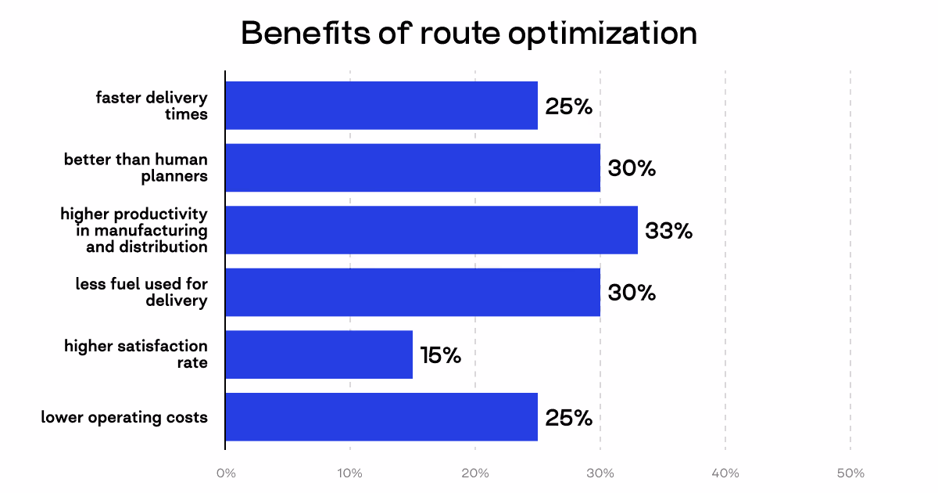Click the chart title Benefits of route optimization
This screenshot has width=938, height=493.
click(468, 34)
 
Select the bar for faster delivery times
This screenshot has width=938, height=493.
click(381, 106)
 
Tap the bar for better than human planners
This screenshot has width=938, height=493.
click(413, 167)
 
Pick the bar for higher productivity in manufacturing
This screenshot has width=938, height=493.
click(431, 230)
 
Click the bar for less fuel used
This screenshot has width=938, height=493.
click(413, 293)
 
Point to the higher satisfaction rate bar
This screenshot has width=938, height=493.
click(319, 354)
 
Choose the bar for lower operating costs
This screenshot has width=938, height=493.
click(381, 417)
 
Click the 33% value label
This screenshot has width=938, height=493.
click(668, 231)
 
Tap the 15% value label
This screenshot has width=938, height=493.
click(440, 355)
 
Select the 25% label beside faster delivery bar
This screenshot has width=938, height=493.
click(568, 106)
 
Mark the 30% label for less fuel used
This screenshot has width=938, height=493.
click(631, 293)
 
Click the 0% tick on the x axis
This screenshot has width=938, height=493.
click(225, 473)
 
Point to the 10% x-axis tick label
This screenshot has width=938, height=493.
click(349, 473)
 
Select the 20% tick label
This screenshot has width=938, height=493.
click(474, 473)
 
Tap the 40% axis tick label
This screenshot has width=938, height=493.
click(725, 473)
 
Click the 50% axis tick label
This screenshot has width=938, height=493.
click(850, 473)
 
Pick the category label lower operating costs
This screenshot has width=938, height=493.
click(124, 417)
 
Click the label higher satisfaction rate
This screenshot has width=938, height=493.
click(136, 354)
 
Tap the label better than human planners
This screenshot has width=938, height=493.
click(136, 167)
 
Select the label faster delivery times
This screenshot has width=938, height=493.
click(152, 106)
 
